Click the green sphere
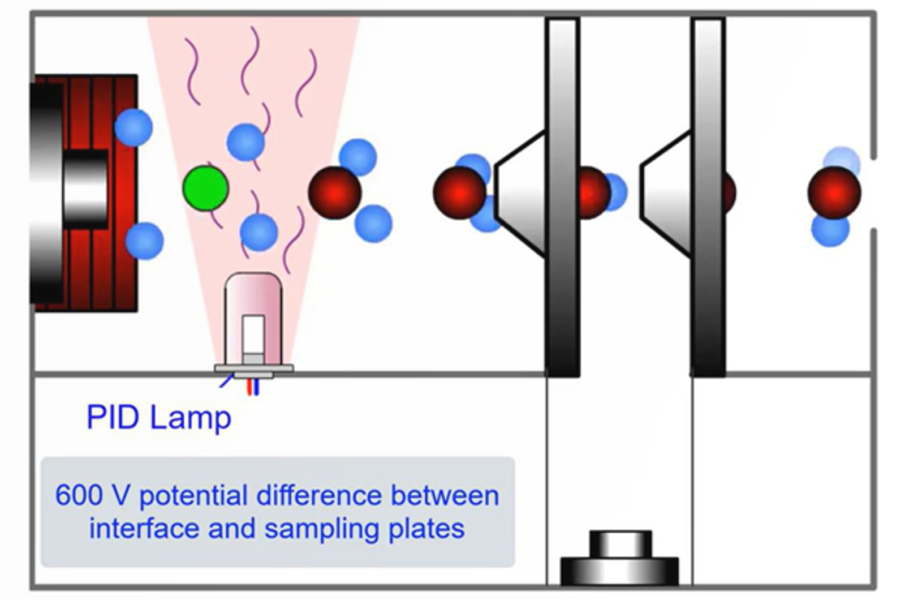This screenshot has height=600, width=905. [x=205, y=188]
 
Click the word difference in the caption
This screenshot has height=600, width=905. [x=318, y=496]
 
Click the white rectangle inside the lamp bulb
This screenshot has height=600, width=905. [x=253, y=334]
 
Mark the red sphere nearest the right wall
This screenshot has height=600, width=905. [x=834, y=192]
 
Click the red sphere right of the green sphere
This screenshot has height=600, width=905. [x=334, y=192]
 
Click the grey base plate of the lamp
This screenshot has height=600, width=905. [x=253, y=368]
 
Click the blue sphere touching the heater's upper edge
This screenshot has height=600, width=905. [x=133, y=127]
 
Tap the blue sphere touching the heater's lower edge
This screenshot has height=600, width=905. [x=144, y=241]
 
